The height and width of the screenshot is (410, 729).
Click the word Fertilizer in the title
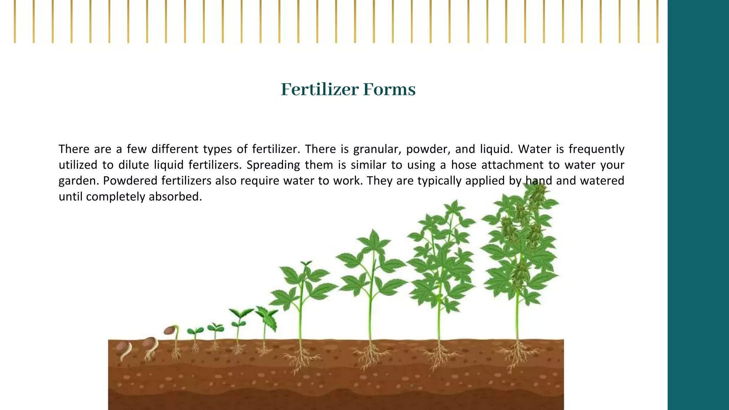[x=319, y=89]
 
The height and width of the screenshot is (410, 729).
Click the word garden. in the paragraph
[x=78, y=181]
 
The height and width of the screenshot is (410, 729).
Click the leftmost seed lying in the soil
[x=122, y=346]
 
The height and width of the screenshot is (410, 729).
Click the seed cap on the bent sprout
[x=169, y=330]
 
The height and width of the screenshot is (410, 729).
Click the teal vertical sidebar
[x=698, y=205]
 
